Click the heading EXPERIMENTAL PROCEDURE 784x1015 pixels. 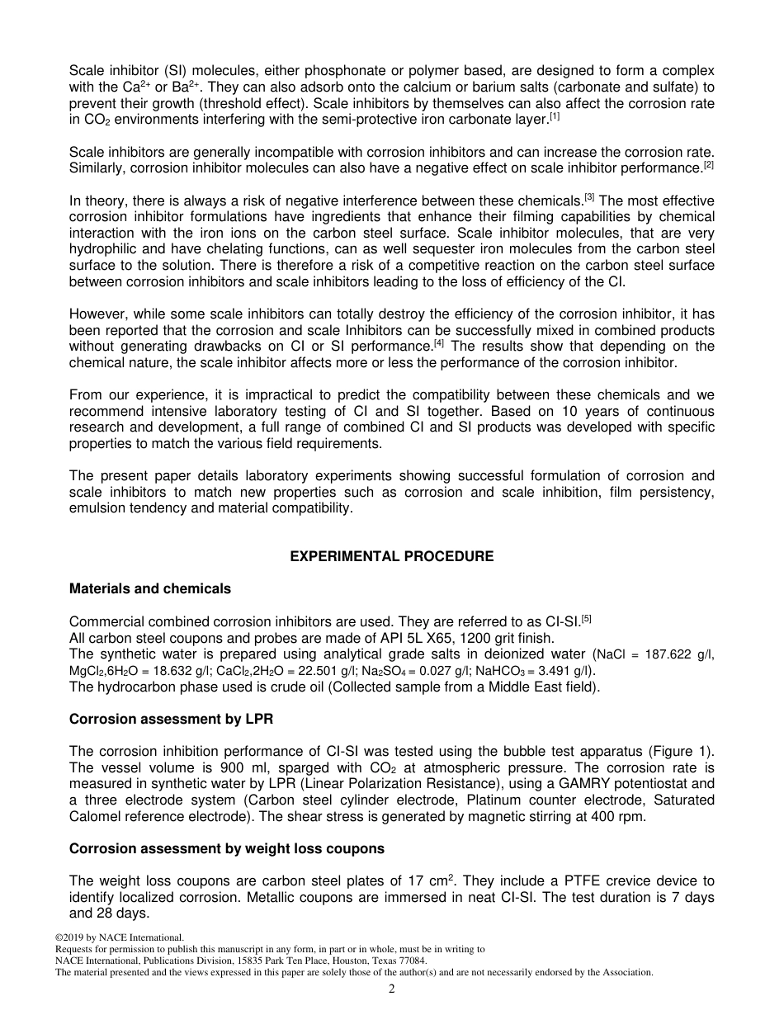[391, 557]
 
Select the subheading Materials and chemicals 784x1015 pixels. [149, 589]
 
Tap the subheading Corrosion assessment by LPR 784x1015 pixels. [171, 720]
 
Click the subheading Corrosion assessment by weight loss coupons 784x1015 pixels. [226, 849]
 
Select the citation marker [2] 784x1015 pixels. [708, 166]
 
